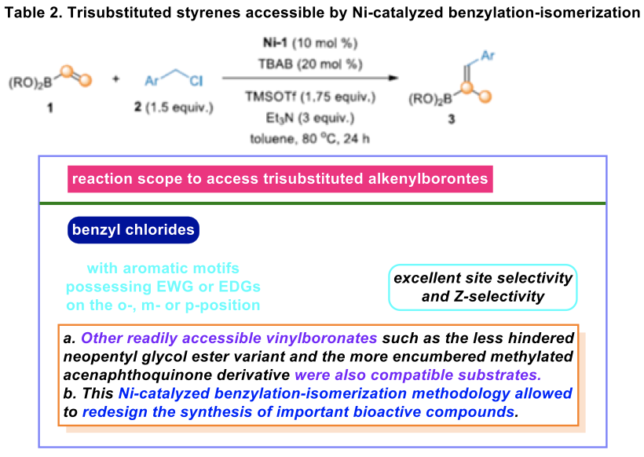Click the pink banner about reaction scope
click(279, 179)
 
